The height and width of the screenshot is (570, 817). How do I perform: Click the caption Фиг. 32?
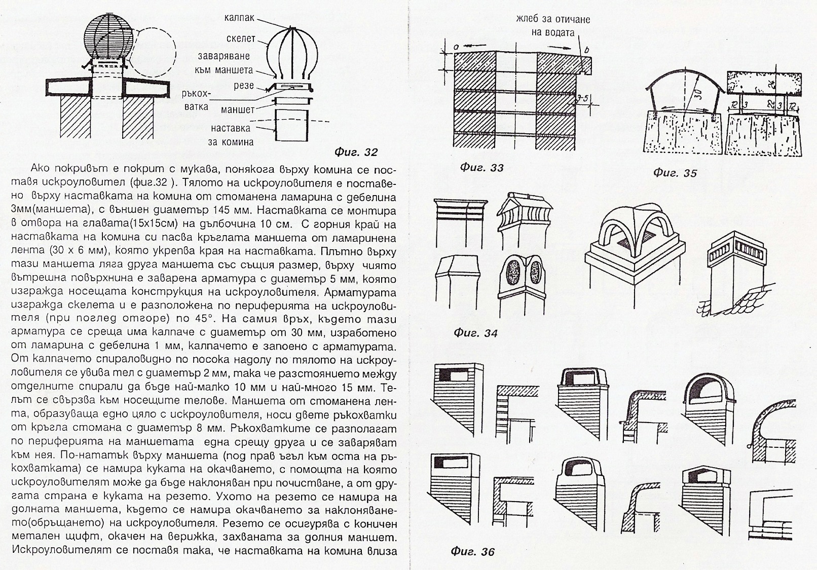pos(356,152)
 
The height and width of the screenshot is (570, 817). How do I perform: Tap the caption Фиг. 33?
pos(481,168)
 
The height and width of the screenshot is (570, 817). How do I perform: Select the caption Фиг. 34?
pos(475,333)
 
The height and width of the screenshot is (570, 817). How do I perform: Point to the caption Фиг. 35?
pos(675,173)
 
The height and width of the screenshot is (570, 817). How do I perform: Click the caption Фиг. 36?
pos(473,552)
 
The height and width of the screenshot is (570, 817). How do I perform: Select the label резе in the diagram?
pos(244,86)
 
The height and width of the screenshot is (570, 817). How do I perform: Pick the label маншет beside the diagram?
pos(238,109)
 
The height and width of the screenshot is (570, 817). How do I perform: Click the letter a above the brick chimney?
pos(456,46)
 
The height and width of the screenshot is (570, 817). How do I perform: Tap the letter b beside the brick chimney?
pos(586,50)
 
